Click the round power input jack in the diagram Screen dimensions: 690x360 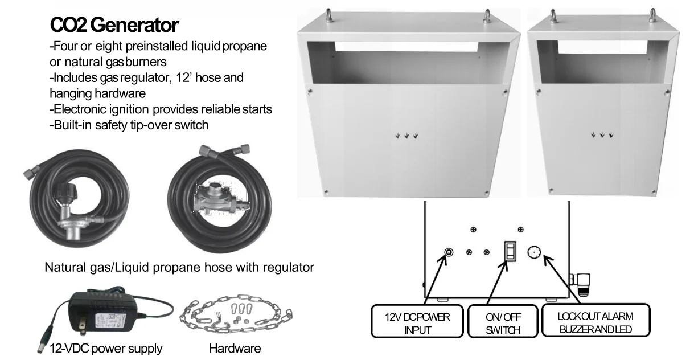click(x=448, y=252)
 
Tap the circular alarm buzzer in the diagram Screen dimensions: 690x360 click(x=534, y=252)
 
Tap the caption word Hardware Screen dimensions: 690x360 click(x=235, y=348)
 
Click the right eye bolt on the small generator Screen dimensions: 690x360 click(x=652, y=15)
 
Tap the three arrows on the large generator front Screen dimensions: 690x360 click(x=406, y=136)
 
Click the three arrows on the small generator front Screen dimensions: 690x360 click(x=602, y=135)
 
